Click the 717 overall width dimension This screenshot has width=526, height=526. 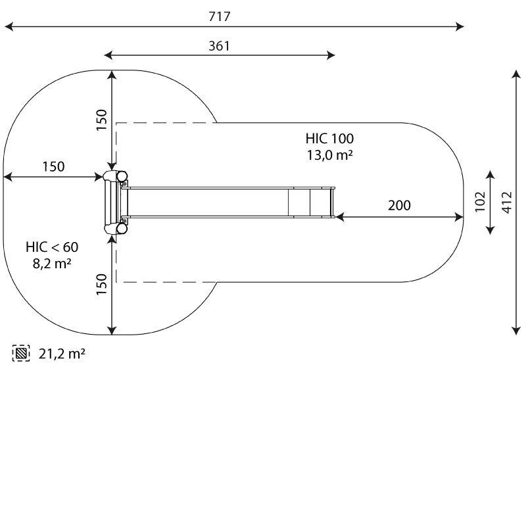[220, 16]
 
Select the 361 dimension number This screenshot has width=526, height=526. [220, 46]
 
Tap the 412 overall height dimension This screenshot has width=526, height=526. [507, 203]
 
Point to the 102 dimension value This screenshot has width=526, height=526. [480, 202]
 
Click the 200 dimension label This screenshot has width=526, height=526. [399, 205]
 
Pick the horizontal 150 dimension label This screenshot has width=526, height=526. [54, 166]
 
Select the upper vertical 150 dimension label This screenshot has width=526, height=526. [101, 120]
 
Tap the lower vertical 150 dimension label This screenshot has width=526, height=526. [101, 285]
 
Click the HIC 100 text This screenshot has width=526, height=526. [329, 139]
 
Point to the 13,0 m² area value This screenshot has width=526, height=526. [329, 155]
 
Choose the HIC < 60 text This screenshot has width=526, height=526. [52, 247]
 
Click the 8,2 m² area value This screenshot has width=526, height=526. [52, 264]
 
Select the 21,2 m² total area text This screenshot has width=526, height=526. [62, 354]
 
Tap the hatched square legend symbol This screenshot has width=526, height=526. [21, 353]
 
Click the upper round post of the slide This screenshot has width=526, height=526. [122, 176]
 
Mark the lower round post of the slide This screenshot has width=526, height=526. [122, 228]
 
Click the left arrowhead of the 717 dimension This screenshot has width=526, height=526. [9, 26]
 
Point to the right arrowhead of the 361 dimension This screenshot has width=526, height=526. [331, 55]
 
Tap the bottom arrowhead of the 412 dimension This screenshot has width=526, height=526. [516, 331]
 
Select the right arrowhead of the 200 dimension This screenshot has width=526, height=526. [459, 218]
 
